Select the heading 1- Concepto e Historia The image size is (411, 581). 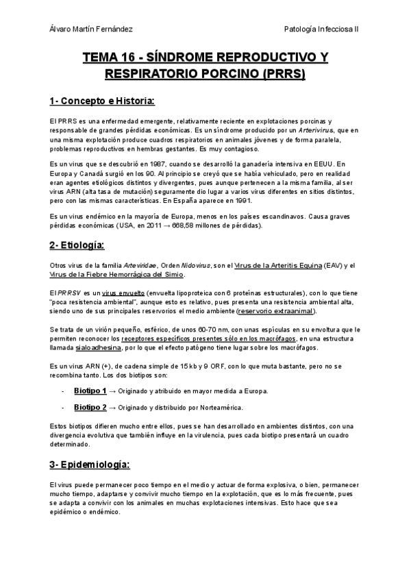(102, 101)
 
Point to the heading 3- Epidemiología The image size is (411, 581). (89, 465)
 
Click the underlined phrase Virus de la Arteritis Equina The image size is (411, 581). (273, 265)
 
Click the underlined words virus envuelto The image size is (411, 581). (112, 292)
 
